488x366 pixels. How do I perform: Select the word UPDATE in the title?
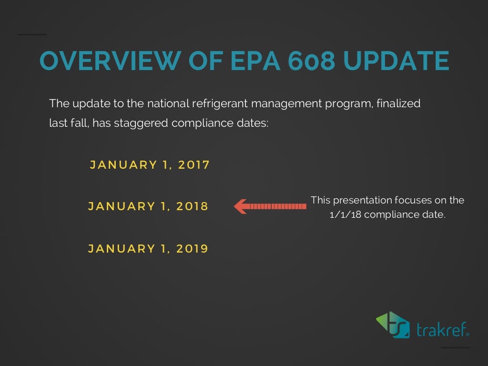396,61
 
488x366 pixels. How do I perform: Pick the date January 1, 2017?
150,165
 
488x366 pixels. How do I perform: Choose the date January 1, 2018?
148,206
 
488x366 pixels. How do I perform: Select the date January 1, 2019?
148,248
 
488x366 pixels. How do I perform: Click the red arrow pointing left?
270,206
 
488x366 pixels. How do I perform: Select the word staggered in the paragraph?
141,123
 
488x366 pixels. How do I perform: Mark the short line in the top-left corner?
32,34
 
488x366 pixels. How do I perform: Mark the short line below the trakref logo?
455,347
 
